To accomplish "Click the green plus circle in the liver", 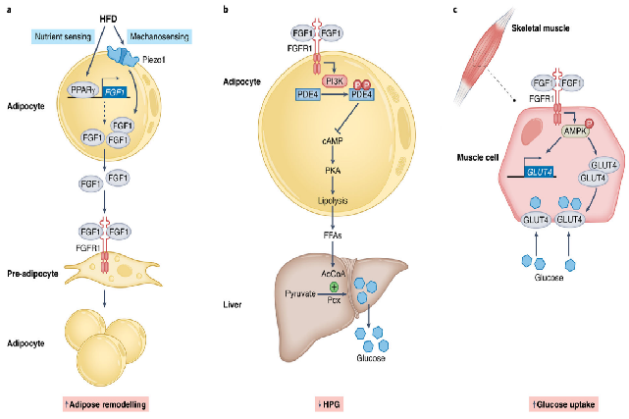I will click(x=334, y=286).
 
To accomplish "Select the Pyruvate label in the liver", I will click(x=297, y=292).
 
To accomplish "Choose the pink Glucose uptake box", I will click(x=564, y=403).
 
